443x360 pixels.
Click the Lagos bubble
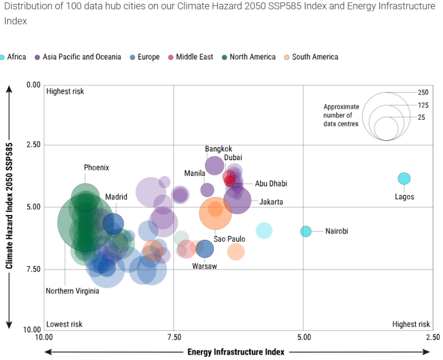[x=404, y=178]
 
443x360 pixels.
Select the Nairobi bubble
[x=306, y=231]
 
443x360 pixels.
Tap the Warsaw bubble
[x=205, y=249]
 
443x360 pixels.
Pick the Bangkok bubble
[x=214, y=165]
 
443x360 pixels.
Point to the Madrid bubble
[x=113, y=223]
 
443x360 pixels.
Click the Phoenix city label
[x=96, y=167]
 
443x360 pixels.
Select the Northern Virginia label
[x=73, y=291]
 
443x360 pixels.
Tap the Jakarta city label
[x=271, y=202]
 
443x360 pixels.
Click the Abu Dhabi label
[x=271, y=183]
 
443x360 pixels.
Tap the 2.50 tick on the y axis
[x=34, y=145]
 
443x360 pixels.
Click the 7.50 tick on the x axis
[x=174, y=337]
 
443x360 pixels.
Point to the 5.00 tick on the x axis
[x=303, y=337]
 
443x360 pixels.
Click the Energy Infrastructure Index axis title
[x=236, y=352]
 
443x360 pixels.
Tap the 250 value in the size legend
[x=424, y=92]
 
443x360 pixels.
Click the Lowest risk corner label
[x=64, y=324]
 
